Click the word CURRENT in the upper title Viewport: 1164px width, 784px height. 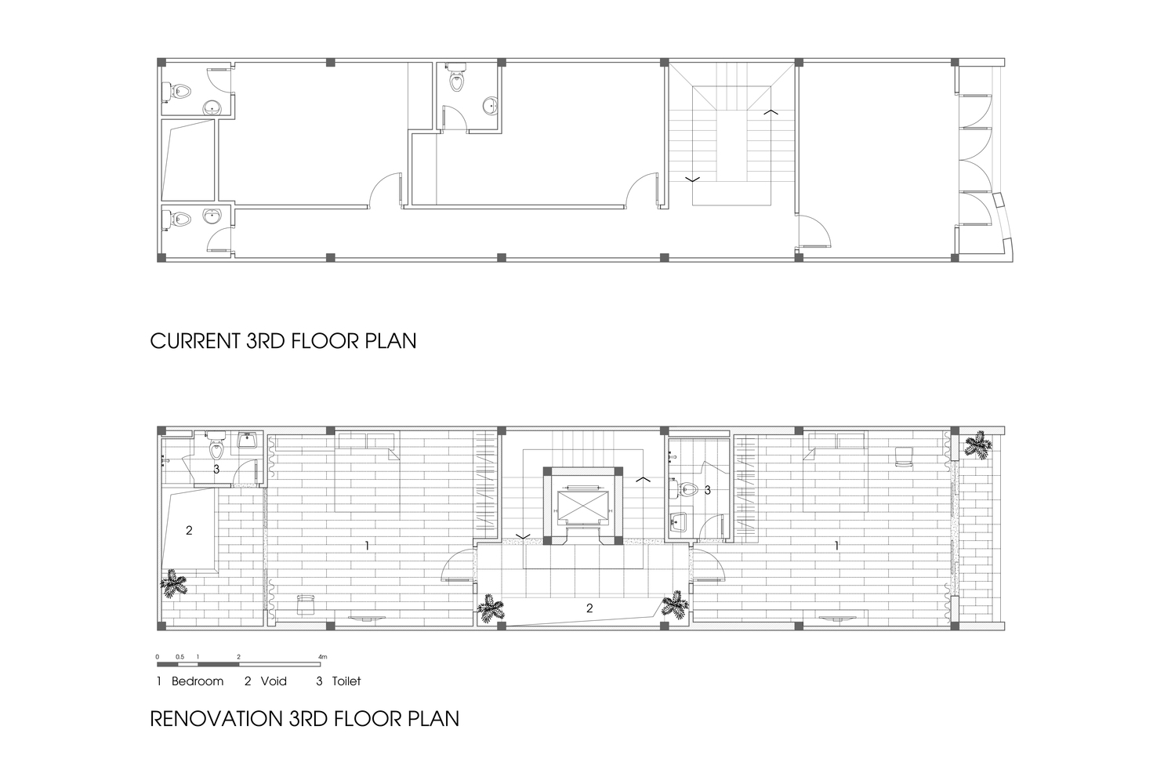tap(195, 341)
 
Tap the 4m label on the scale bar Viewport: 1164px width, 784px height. tap(323, 657)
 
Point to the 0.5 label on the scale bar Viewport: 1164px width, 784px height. tap(179, 657)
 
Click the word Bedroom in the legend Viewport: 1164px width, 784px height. tap(198, 681)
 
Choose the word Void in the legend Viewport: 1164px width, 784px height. tap(274, 681)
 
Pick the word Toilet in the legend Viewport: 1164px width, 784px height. tap(346, 681)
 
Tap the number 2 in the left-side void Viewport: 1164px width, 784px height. tap(189, 530)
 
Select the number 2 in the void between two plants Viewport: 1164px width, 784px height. tap(589, 608)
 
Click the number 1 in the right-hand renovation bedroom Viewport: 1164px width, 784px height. tap(836, 546)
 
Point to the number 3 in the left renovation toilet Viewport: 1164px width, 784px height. tap(216, 470)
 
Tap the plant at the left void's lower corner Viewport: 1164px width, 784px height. tap(173, 584)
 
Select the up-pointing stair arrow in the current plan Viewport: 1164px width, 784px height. tap(771, 112)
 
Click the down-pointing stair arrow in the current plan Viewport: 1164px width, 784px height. tap(692, 180)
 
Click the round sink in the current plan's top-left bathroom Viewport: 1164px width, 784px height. tap(212, 107)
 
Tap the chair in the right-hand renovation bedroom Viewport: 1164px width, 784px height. tap(905, 457)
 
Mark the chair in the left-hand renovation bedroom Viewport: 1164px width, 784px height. tap(306, 605)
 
